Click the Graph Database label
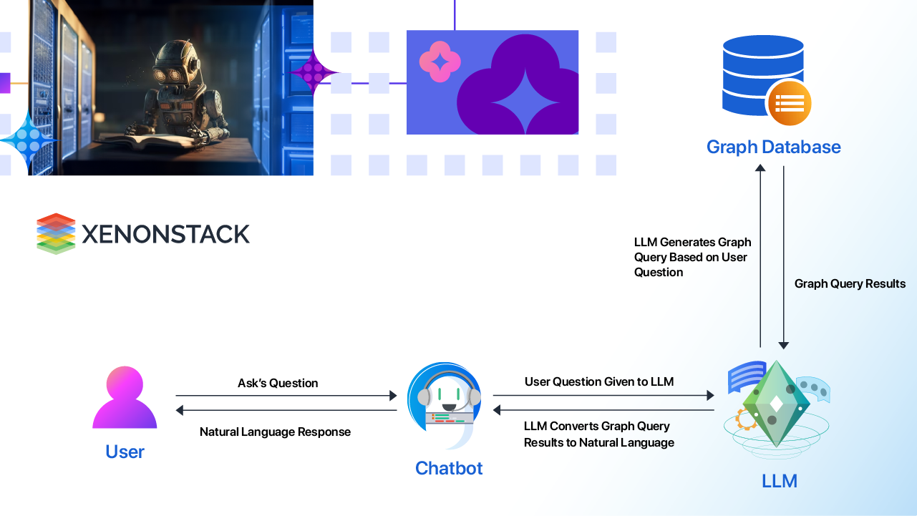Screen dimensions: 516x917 (773, 147)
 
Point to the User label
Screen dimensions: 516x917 (125, 452)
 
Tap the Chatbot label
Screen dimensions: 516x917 (449, 468)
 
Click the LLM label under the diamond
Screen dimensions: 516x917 (779, 481)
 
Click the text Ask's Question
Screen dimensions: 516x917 (278, 383)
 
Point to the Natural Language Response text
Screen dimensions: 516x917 (275, 432)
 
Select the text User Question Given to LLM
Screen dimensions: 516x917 (599, 381)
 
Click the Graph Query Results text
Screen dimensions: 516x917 (850, 284)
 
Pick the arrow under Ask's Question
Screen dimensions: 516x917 (286, 395)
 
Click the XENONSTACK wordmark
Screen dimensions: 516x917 (165, 234)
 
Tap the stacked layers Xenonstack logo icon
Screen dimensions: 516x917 (56, 233)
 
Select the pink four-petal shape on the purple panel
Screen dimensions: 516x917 (440, 62)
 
